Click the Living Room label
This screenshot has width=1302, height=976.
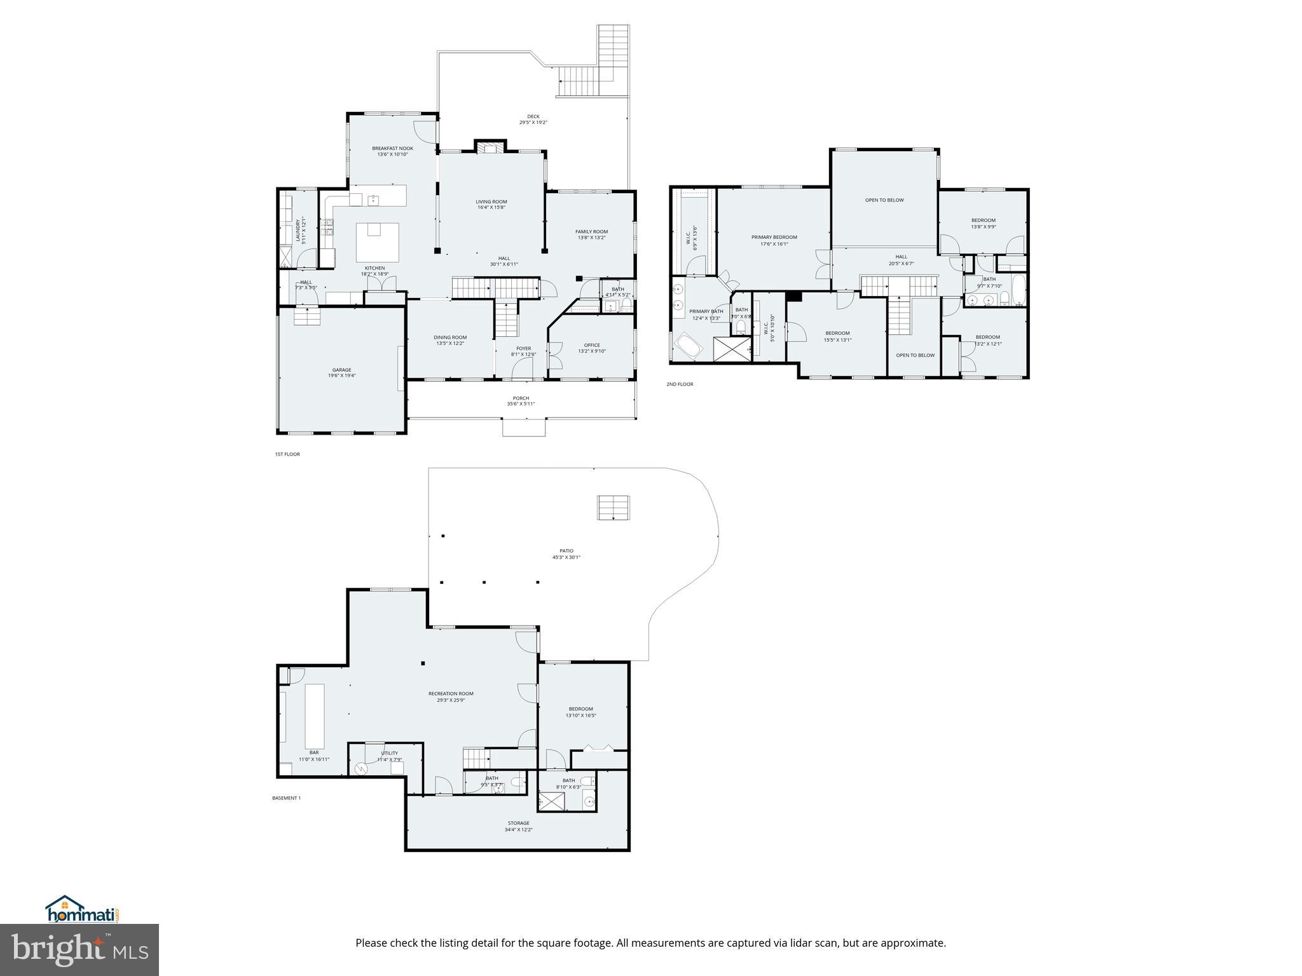point(491,201)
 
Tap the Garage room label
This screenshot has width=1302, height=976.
point(341,370)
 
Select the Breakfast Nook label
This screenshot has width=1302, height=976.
point(392,148)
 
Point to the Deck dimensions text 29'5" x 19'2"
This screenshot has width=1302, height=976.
point(533,123)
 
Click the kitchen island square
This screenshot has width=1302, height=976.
point(377,242)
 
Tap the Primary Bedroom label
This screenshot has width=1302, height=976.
point(774,237)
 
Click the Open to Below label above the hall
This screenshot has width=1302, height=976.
point(884,200)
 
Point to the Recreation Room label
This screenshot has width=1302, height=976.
point(451,694)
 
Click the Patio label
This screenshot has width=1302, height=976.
point(566,551)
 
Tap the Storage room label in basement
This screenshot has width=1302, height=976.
point(518,823)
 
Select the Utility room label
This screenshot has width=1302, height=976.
point(389,753)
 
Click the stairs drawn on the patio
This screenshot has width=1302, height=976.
point(613,508)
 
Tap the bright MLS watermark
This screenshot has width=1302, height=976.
point(79,949)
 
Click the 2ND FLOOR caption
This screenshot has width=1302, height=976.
point(680,384)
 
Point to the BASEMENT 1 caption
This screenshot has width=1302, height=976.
point(286,798)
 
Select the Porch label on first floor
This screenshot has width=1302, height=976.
point(521,398)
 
